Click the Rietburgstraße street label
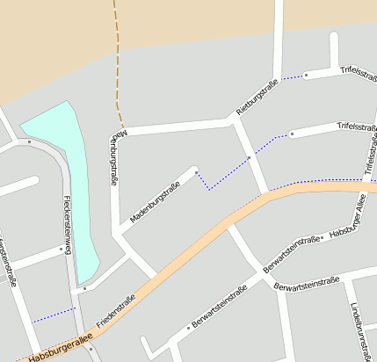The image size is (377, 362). [257, 98]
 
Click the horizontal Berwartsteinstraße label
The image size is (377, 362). [307, 285]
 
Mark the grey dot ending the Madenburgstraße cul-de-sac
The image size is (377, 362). [195, 170]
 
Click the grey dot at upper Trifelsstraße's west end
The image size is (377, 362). [306, 76]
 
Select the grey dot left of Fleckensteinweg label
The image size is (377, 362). [60, 250]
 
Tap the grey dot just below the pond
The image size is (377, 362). [85, 286]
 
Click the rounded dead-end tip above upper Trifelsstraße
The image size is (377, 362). [334, 37]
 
